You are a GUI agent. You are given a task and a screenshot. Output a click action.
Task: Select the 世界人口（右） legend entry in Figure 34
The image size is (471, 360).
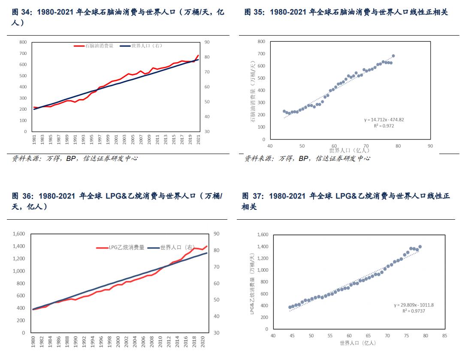coord(146,45)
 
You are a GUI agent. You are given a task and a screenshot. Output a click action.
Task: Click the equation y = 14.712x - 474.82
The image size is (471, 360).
coord(383,120)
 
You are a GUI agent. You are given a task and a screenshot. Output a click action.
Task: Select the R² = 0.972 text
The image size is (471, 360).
coord(383,126)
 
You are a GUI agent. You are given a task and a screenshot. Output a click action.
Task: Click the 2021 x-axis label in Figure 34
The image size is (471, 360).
coord(198,140)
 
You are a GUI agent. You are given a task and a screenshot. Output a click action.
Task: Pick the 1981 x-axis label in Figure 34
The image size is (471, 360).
coord(34,140)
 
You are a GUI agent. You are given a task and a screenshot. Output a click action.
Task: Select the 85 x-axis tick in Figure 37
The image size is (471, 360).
coord(444,336)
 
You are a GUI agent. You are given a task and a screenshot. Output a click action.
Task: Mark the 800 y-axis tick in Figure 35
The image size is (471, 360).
coord(261,41)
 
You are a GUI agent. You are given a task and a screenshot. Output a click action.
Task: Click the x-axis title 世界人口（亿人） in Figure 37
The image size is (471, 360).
coord(358,343)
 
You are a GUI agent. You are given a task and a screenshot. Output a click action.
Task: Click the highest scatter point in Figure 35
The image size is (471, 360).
coord(393,56)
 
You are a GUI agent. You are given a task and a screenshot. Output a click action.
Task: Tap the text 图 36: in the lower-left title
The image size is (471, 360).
coord(23,196)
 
